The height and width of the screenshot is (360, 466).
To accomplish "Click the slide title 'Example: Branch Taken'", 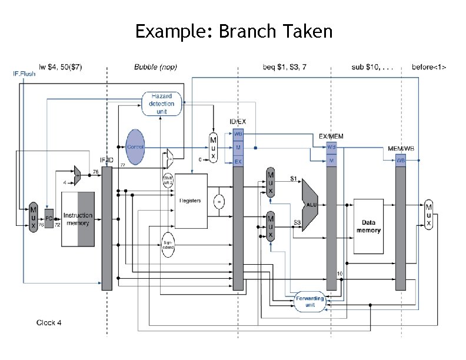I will pos(234,31).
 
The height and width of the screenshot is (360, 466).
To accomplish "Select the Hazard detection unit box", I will pos(162,104).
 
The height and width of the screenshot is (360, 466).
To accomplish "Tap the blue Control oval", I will pos(135,146).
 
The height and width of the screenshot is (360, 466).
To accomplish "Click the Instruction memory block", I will pos(78,219).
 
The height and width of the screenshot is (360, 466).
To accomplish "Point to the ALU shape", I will pos(310,204).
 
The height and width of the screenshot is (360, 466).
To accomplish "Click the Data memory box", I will pos(368,226).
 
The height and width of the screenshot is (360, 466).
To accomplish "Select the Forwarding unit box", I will pos(310,302).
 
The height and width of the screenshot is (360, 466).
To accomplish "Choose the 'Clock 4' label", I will pos(49,322).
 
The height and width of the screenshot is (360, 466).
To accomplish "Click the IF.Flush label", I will pos(24,74).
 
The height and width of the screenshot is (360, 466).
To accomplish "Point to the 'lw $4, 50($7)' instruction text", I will pos(60,66).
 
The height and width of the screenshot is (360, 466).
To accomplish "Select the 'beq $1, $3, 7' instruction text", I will pos(284,66).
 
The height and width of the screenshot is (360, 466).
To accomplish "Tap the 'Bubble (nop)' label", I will pos(155,66).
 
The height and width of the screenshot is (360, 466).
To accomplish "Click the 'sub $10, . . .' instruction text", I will pos(372,66).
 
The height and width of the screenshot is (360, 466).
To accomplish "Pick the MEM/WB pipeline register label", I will pos(400,149).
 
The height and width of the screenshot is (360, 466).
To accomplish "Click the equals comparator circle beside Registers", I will pos(219,202).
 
